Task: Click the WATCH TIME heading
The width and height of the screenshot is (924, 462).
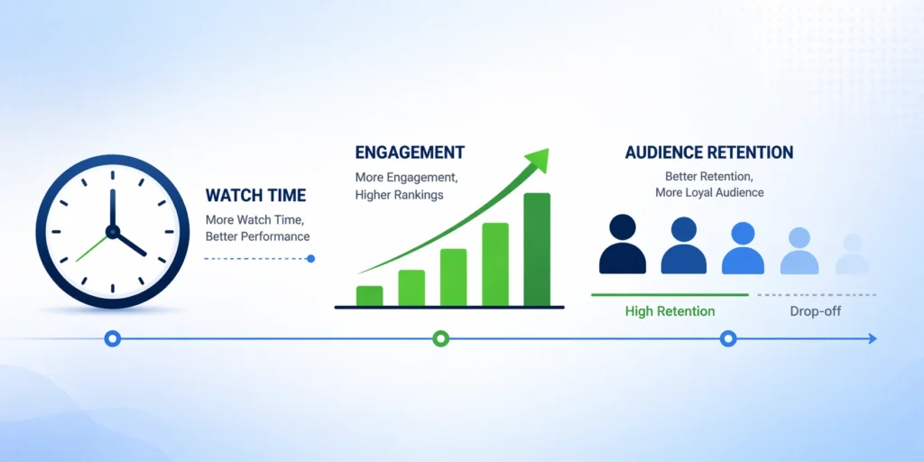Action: point(255,196)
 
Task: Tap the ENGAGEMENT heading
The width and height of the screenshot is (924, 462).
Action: point(410,152)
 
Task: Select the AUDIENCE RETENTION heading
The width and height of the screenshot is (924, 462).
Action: point(709,152)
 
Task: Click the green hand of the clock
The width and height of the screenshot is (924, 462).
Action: point(93,247)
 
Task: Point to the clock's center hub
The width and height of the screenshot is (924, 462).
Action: point(113,232)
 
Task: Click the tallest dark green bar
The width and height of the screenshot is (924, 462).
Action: point(537,249)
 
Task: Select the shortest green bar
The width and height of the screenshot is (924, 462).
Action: point(369,296)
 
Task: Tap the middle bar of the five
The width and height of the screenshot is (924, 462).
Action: point(453,278)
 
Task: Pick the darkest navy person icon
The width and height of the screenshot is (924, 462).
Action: point(623,244)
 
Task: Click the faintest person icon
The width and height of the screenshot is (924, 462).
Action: point(852,254)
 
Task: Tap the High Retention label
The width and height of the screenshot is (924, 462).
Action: point(670,311)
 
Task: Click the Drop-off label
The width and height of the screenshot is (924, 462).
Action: point(816,311)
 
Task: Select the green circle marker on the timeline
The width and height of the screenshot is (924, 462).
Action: point(440,338)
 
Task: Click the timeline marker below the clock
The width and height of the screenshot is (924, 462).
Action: point(113,338)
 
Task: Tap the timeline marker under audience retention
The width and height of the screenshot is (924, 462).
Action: point(729,338)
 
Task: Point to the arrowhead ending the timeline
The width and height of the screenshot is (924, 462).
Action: point(873,338)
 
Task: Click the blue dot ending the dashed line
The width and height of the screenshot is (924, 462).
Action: point(311,258)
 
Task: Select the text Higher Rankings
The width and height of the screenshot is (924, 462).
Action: point(399,195)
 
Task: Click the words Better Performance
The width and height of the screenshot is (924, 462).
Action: point(257,237)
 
